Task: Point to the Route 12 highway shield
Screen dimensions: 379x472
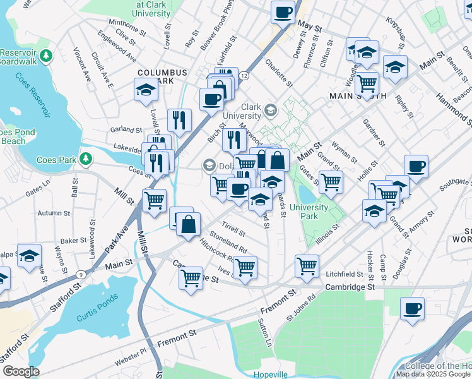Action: click(x=244, y=75)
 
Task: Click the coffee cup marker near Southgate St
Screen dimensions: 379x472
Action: click(x=416, y=167)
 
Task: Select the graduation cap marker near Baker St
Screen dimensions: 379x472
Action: click(x=29, y=256)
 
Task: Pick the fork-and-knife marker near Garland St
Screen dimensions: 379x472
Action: click(x=180, y=119)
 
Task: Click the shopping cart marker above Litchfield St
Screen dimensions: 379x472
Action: click(x=307, y=266)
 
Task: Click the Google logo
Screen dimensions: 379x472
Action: click(x=21, y=371)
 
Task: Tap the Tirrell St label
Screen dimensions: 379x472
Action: click(x=233, y=228)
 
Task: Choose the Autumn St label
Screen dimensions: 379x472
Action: click(x=53, y=214)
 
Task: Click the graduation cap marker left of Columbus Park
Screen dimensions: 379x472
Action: click(x=146, y=90)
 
